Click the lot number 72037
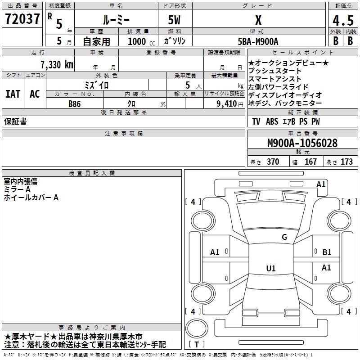click(22, 19)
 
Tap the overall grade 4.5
click(343, 20)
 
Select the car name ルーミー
click(117, 20)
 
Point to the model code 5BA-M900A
click(258, 41)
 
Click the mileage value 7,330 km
click(57, 65)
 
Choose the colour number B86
click(75, 104)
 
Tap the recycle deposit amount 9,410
click(227, 104)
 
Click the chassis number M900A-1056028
click(302, 143)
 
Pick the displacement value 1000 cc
click(141, 41)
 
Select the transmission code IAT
click(13, 94)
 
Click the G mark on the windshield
click(284, 237)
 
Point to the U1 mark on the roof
click(271, 268)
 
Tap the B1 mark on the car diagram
click(327, 252)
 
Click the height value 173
click(346, 162)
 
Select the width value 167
click(310, 162)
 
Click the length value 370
click(273, 162)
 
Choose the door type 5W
click(174, 20)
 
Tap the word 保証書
click(15, 121)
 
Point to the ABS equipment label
click(272, 121)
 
